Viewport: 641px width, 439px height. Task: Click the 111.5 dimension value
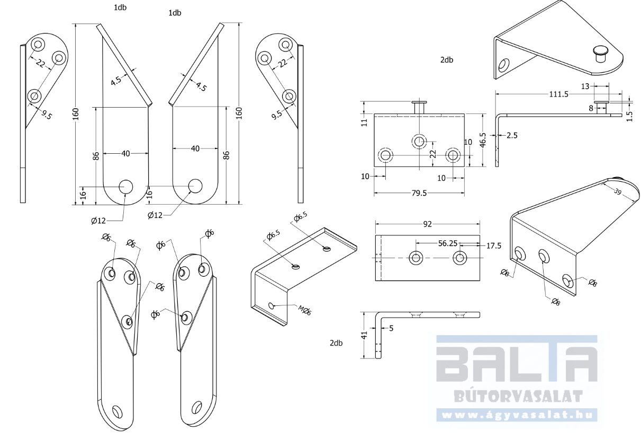pos(558,94)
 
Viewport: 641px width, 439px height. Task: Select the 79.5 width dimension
pos(419,193)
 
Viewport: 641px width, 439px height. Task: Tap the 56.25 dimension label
pos(448,243)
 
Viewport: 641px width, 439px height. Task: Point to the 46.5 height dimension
pos(483,140)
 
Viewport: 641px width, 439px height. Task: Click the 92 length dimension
pos(427,224)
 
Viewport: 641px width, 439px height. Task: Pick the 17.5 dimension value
pos(494,245)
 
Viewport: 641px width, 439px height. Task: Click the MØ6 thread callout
pos(305,310)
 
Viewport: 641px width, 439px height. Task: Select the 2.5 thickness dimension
pos(512,135)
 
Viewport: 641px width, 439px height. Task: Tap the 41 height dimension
pos(364,335)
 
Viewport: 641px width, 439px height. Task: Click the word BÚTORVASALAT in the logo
pos(519,396)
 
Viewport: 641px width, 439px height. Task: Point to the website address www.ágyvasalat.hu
pos(517,415)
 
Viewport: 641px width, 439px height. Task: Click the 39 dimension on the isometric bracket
pos(618,192)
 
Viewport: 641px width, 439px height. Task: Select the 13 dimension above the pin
pos(585,86)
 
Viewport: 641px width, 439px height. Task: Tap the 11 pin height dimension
pos(364,122)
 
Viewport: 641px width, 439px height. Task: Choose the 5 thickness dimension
pos(391,328)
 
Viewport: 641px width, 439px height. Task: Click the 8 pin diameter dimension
pos(591,108)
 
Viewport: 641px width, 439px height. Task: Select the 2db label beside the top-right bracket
pos(447,60)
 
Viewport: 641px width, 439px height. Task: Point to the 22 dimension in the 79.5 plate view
pos(434,154)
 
